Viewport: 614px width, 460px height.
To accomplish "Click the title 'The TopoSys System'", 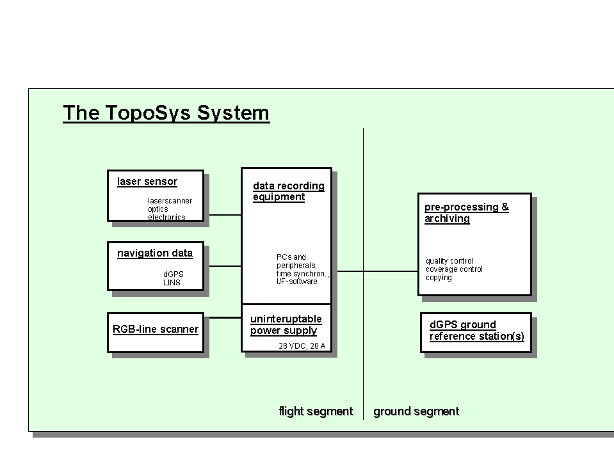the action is tap(166, 113).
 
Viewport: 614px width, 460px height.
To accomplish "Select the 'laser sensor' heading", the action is tap(147, 182).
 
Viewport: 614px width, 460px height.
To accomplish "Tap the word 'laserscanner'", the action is tap(170, 201).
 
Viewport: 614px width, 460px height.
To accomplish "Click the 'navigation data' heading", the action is tap(155, 253).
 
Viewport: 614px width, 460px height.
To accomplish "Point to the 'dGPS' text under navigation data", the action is tap(173, 274).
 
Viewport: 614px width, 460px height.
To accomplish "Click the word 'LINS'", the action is tap(172, 282).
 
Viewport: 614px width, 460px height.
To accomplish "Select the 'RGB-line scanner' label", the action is tap(156, 329).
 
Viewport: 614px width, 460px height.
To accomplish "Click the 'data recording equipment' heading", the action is tap(289, 191).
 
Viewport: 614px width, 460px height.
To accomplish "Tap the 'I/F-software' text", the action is tap(297, 282).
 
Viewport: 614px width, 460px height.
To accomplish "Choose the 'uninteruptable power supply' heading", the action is tap(286, 324).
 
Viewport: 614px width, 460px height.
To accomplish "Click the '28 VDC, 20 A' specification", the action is tap(302, 345).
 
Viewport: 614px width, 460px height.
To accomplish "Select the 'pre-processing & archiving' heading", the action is tap(466, 213).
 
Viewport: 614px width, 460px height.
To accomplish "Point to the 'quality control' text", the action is tap(449, 261).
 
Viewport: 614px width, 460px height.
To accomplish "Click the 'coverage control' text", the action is tap(454, 269).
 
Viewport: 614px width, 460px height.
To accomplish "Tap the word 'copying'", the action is tap(439, 278).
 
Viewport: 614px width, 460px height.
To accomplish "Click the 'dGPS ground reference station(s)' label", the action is tap(476, 331).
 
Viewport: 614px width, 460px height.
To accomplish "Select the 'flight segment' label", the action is tap(316, 411).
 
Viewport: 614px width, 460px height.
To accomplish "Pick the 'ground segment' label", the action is tap(416, 411).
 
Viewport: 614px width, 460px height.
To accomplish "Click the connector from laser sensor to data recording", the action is tap(225, 215).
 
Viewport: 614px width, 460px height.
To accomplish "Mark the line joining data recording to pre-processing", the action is tap(378, 271).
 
